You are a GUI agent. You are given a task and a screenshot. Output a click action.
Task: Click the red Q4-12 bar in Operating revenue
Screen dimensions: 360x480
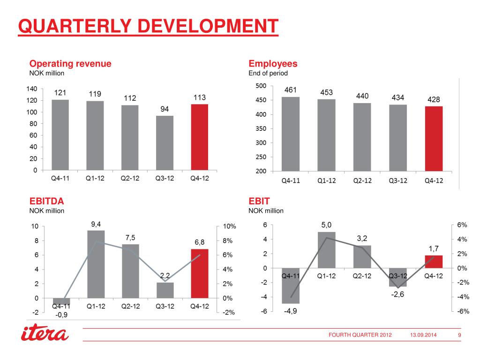pos(200,137)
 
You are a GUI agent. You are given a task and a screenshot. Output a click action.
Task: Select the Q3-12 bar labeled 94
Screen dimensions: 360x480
pos(165,143)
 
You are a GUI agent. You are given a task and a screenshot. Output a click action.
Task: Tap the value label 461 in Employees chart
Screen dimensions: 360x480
pos(291,89)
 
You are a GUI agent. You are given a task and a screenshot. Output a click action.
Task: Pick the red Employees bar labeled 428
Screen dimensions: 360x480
pos(434,139)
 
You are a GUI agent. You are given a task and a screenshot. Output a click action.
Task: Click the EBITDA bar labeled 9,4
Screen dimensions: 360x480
pos(96,264)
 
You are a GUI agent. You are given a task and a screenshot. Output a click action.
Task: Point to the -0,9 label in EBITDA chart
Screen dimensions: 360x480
pos(61,315)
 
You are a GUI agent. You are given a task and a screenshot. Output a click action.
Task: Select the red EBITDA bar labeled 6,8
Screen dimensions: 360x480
pos(200,273)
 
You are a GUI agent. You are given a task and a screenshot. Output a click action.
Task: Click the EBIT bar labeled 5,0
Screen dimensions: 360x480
pos(330,250)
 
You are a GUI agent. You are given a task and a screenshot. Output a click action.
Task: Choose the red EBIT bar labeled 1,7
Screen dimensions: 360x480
pos(434,262)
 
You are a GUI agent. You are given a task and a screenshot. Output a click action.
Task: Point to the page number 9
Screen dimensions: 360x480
pos(459,335)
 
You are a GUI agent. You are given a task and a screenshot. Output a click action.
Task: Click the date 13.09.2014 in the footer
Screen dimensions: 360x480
pos(424,335)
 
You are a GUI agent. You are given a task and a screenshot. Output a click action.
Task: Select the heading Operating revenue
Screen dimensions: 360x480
pos(70,64)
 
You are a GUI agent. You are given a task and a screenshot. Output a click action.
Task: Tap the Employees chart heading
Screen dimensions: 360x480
pos(273,64)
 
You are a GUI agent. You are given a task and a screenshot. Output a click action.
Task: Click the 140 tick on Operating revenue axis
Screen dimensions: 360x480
pos(31,89)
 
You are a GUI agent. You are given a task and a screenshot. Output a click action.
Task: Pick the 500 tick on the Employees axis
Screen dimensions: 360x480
pos(260,86)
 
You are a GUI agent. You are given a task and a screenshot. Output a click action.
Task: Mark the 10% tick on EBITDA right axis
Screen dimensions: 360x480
pos(229,226)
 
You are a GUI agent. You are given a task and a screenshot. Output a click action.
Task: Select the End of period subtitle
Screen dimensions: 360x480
pos(268,74)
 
